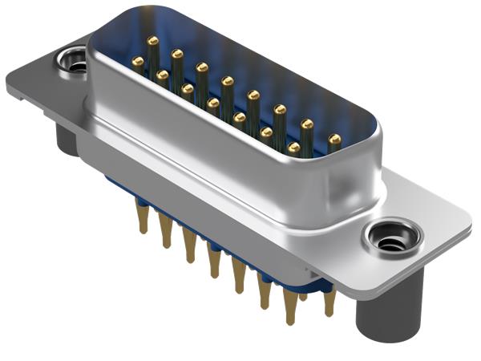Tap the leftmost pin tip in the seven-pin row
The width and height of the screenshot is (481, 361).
point(138,62)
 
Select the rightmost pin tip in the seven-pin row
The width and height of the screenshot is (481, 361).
point(293,148)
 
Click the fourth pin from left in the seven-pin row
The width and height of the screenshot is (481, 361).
point(213,103)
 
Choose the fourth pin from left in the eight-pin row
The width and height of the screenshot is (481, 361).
point(228,81)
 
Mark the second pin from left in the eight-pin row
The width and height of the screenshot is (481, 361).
point(177,54)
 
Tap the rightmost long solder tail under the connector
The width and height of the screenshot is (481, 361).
point(329,302)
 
